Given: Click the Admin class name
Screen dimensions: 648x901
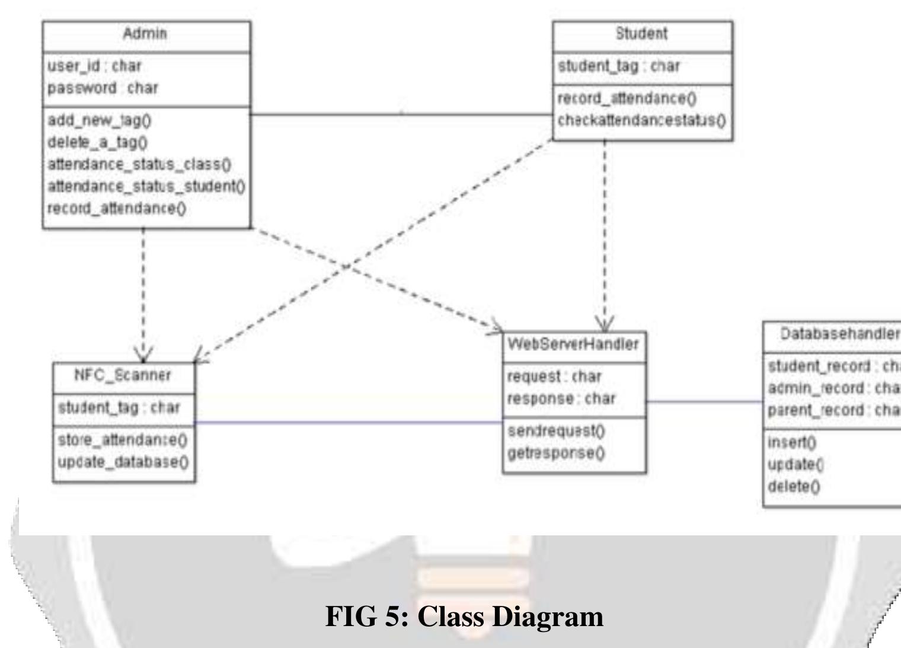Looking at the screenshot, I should (145, 34).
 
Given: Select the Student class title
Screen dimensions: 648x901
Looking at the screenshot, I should (641, 34).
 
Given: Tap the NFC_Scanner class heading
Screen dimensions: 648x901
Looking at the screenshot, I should (123, 375).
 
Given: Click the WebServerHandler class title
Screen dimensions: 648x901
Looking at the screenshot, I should (573, 344).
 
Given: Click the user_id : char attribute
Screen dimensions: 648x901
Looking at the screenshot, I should (94, 66).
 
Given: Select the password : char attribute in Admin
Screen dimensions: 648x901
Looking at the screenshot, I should (103, 88).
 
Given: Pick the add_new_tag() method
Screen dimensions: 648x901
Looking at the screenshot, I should (100, 120).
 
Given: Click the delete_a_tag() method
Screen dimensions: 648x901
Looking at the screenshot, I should (98, 142).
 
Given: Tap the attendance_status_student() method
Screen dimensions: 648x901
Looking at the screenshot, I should (146, 186).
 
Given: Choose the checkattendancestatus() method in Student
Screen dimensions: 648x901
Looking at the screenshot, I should (641, 120).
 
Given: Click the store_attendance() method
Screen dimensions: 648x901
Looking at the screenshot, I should (123, 440).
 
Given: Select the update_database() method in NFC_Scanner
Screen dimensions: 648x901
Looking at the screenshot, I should (123, 462).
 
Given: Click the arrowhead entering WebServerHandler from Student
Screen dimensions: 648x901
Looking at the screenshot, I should (605, 325).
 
